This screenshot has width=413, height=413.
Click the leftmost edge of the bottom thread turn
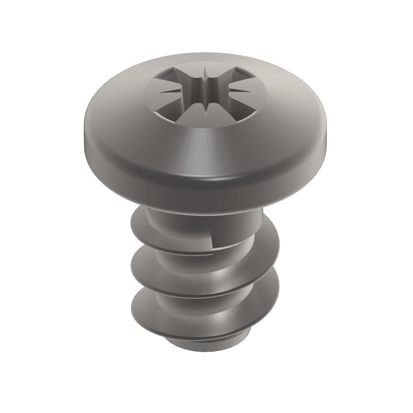click(x=132, y=301)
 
